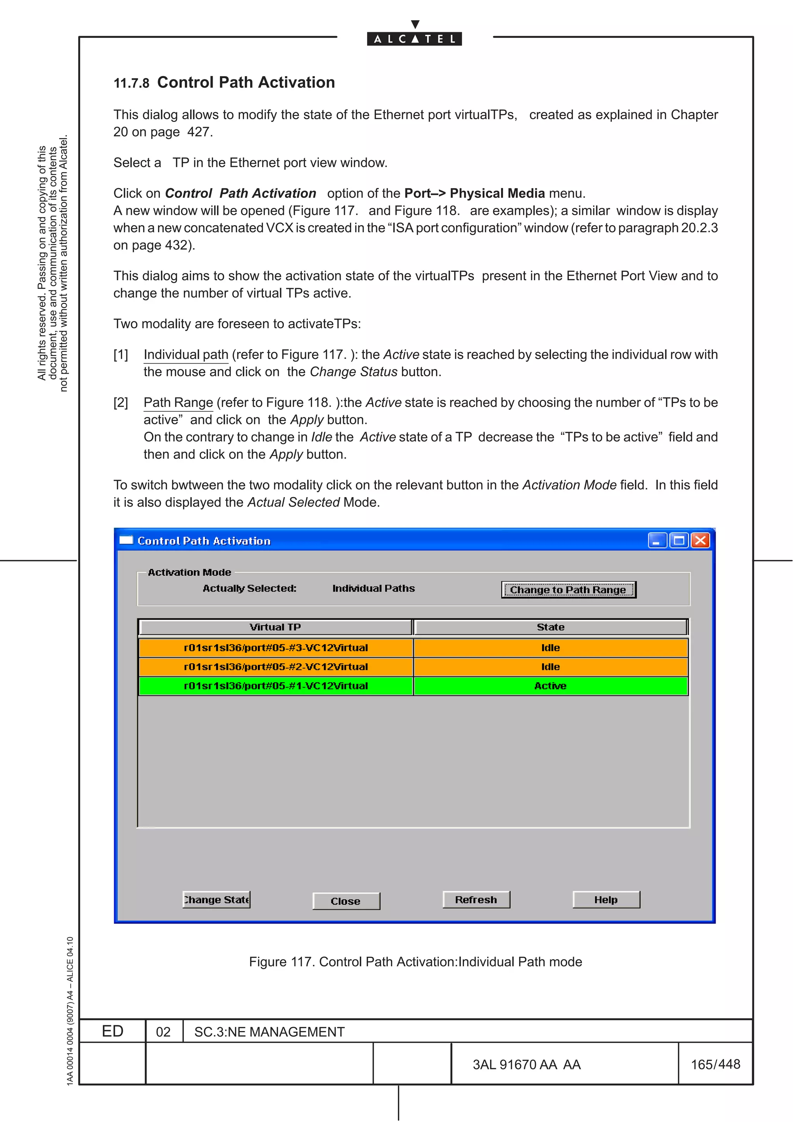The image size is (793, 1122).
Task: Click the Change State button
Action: pyautogui.click(x=216, y=900)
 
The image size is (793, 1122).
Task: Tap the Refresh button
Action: pyautogui.click(x=476, y=900)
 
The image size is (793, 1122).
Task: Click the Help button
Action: pyautogui.click(x=606, y=900)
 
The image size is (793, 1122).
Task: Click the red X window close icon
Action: pyautogui.click(x=700, y=540)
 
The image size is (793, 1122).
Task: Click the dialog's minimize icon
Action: pyautogui.click(x=657, y=540)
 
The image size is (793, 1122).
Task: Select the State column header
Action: pyautogui.click(x=551, y=627)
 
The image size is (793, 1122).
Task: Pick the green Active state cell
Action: pyautogui.click(x=551, y=686)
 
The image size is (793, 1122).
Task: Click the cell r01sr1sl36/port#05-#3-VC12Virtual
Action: pyautogui.click(x=276, y=647)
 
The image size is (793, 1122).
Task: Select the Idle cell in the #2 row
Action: pyautogui.click(x=551, y=667)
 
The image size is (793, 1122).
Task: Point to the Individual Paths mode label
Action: pyautogui.click(x=373, y=588)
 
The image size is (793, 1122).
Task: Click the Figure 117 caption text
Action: pyautogui.click(x=415, y=962)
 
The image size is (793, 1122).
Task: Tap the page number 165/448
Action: pyautogui.click(x=715, y=1064)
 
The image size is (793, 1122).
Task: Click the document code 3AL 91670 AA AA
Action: pyautogui.click(x=526, y=1065)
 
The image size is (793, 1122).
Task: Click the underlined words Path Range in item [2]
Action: pyautogui.click(x=179, y=403)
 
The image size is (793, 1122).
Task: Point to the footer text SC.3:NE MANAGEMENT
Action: pyautogui.click(x=269, y=1032)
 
